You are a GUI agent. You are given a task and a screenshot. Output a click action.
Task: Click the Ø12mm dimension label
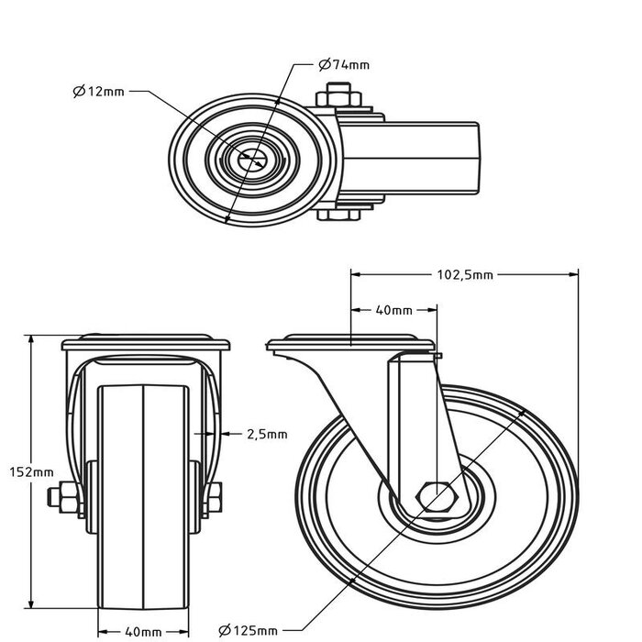point(99,91)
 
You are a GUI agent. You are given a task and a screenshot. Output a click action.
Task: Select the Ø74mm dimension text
point(344,64)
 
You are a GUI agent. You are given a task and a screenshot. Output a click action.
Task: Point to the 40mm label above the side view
point(395,310)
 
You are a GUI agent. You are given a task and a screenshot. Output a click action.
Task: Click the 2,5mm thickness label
point(267,434)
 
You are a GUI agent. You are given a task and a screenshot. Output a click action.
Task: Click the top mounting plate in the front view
point(144,345)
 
